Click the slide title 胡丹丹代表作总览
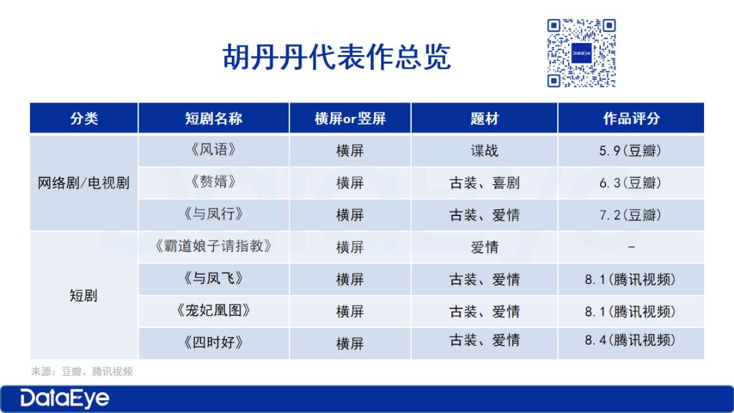click(336, 57)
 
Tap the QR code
click(581, 53)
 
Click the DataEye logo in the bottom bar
click(65, 399)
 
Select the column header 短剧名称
click(213, 118)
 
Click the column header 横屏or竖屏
click(350, 118)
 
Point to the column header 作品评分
click(631, 118)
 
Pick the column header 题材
click(485, 118)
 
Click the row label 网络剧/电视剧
click(84, 183)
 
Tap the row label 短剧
click(84, 295)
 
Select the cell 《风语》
click(213, 149)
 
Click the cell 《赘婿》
click(213, 181)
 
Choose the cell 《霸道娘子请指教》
click(213, 246)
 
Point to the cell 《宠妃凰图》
click(213, 310)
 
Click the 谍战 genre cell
click(485, 151)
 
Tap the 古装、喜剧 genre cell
click(485, 183)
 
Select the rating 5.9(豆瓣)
click(631, 151)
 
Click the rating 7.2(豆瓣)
click(631, 215)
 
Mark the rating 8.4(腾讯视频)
click(631, 340)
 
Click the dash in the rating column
click(631, 247)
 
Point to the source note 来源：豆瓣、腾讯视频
click(82, 372)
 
